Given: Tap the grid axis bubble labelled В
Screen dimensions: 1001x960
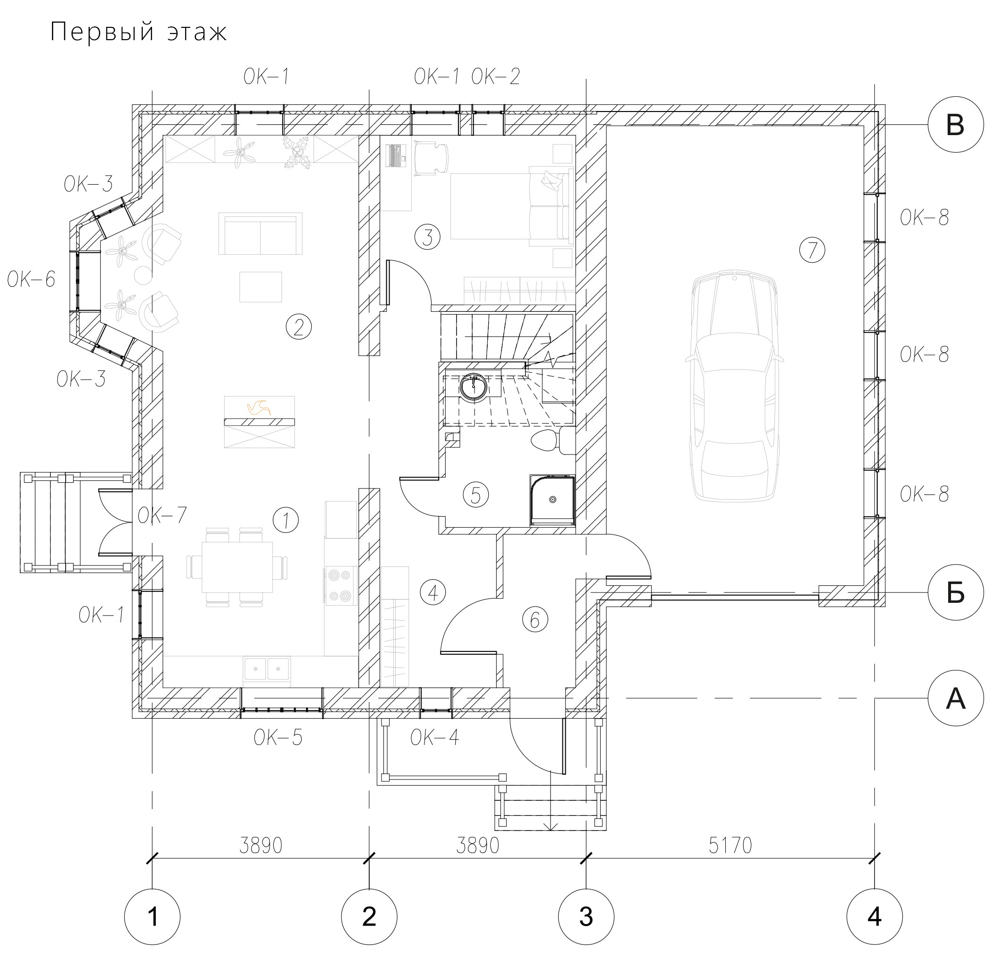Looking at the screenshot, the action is [x=956, y=125].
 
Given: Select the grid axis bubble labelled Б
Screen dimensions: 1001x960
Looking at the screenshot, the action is [x=956, y=592].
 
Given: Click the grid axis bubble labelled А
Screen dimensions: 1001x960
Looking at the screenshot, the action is [x=956, y=698].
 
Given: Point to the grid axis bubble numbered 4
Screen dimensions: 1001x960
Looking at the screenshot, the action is [x=874, y=917].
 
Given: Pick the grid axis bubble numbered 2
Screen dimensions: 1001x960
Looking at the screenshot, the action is [x=369, y=917].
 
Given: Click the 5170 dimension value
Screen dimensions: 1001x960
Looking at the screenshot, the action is [x=730, y=846].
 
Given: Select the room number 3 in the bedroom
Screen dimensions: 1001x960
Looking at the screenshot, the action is [x=427, y=237].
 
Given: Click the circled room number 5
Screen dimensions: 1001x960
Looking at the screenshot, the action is [x=475, y=495].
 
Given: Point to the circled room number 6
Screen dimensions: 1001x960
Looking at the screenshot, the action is [x=534, y=620].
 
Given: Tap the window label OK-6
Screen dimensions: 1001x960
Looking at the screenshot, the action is [x=31, y=280].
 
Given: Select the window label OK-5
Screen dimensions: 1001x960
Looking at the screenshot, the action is [x=278, y=738].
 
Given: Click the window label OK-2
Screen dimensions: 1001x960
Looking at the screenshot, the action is [x=495, y=77].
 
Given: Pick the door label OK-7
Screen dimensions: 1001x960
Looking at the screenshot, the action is [x=162, y=515].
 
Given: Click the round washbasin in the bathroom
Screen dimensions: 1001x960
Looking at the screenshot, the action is [x=474, y=387].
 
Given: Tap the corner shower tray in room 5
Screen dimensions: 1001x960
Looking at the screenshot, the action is [x=552, y=500].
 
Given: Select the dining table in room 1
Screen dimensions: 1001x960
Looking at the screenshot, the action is [x=237, y=566].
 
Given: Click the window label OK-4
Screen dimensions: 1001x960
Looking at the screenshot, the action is [x=434, y=737].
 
